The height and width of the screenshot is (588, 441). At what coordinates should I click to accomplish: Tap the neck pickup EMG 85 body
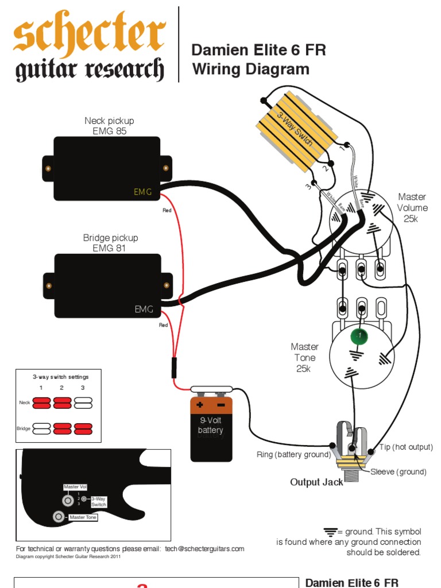click(x=107, y=168)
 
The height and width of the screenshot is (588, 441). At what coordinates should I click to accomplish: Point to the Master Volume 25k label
click(x=412, y=208)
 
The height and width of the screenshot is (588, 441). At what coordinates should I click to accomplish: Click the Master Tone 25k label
click(x=304, y=358)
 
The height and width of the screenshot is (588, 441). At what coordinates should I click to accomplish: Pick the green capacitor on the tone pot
click(x=358, y=335)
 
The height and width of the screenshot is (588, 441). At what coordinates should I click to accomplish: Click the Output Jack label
click(x=316, y=482)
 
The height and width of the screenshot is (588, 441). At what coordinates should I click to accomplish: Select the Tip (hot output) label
click(x=406, y=447)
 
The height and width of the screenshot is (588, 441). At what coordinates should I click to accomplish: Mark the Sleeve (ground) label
click(x=399, y=472)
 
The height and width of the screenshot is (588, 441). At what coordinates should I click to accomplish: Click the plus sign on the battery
click(x=200, y=404)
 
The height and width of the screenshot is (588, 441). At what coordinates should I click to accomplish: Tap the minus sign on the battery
click(x=221, y=404)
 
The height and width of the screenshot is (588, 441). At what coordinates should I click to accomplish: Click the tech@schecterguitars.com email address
click(x=204, y=549)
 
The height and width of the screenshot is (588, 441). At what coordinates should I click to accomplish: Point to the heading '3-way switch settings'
click(x=60, y=377)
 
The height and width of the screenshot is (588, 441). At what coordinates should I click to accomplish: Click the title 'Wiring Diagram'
click(x=250, y=69)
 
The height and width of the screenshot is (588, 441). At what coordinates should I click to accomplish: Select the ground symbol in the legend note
click(x=330, y=531)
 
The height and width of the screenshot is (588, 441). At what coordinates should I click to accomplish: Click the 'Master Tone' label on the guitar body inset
click(x=84, y=517)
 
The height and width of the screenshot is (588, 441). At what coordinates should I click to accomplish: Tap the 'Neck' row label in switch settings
click(x=24, y=403)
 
